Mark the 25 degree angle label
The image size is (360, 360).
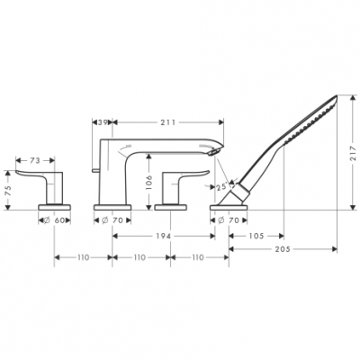click(x=221, y=187)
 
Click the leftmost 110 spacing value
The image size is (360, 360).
click(x=83, y=257)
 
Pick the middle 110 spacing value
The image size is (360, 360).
click(x=140, y=257)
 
